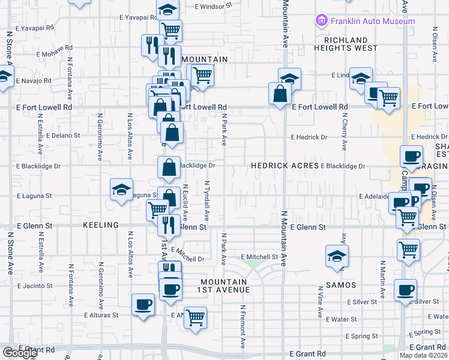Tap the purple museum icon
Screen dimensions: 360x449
click(x=321, y=21)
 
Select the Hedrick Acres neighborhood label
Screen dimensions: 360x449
click(x=285, y=165)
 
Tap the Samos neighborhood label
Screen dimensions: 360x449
click(x=341, y=285)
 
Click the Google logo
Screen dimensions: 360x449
click(x=20, y=353)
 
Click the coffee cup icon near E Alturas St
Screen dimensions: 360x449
click(x=143, y=304)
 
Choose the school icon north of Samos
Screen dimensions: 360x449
click(x=337, y=255)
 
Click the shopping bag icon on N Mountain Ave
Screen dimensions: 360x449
click(x=280, y=93)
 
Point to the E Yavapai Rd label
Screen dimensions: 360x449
click(x=35, y=28)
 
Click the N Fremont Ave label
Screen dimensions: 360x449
click(x=243, y=327)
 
